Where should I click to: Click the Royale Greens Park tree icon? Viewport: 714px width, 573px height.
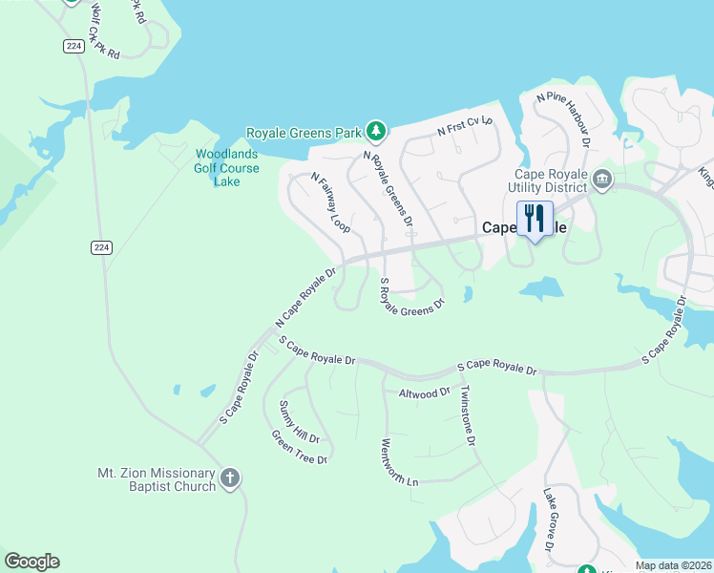coord(377,131)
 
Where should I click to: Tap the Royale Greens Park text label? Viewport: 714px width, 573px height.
coord(306,132)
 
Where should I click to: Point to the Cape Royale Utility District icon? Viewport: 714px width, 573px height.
coord(602,180)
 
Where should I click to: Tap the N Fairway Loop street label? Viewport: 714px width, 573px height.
coord(331,202)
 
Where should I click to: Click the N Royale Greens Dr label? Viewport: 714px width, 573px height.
coord(388,188)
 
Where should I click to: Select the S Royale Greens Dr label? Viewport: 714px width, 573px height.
coord(412,297)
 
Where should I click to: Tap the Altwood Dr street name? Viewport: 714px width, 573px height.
coord(424,393)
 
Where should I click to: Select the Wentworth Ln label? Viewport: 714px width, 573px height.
coord(399,462)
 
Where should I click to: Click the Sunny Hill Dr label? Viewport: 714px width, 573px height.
coord(299,422)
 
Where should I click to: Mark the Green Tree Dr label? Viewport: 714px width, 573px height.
coord(300,447)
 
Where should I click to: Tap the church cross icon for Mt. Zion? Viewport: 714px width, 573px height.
coord(229,478)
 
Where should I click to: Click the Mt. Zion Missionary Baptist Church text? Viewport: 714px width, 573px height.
coord(157,479)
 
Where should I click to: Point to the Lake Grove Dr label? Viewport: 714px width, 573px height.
coord(549,520)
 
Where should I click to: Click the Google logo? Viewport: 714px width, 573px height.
coord(31,562)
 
